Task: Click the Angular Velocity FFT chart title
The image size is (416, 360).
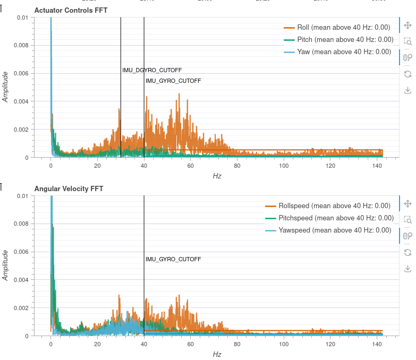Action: [69, 188]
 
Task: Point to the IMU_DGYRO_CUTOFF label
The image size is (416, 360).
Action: [152, 71]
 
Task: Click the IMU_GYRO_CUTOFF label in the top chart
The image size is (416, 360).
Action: [173, 81]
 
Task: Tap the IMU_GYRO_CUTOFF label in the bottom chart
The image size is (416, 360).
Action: [173, 259]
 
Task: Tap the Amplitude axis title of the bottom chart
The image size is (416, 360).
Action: [6, 265]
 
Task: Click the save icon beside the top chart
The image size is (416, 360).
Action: [407, 90]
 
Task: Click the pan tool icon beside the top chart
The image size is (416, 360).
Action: [407, 25]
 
